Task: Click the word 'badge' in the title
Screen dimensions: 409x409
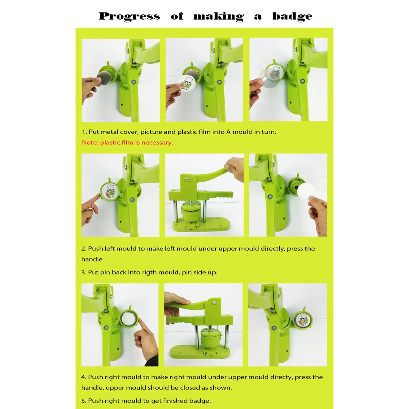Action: pos(292,16)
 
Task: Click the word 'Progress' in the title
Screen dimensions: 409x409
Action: pos(129,16)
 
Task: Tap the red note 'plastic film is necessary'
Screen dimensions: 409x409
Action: pos(137,143)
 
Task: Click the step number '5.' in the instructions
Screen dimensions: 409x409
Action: pos(84,401)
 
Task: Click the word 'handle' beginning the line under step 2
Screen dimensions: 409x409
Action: pos(92,259)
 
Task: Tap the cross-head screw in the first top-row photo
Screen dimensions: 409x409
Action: pos(133,82)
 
